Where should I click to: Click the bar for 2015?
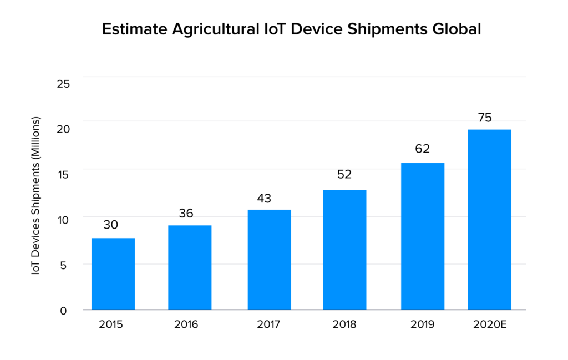point(113,273)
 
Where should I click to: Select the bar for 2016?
point(190,267)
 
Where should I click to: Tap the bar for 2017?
point(269,260)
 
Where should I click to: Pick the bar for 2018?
point(344,250)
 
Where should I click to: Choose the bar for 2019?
point(423,236)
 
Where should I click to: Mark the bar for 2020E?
point(489,219)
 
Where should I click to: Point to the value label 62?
point(423,149)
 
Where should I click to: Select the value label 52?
point(344,174)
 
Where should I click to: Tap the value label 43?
point(264,198)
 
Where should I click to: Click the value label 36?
point(186,213)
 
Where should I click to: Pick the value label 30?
point(110,225)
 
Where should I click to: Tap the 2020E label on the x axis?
point(489,324)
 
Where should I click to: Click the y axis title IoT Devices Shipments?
point(35,196)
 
